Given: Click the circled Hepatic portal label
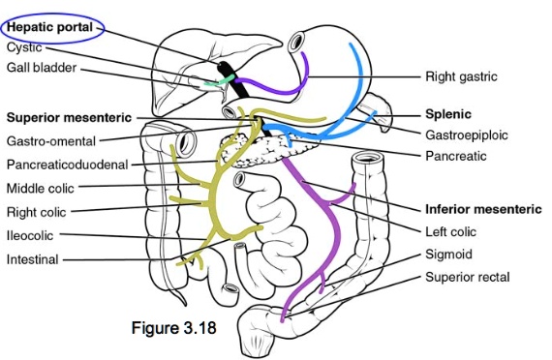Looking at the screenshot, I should click(x=50, y=28).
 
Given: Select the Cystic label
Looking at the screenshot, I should click(x=23, y=46).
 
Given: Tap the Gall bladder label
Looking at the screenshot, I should click(x=42, y=68).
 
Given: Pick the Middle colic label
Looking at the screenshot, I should click(x=41, y=188).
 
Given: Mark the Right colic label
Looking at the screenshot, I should click(x=36, y=211).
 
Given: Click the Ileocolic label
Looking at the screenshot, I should click(x=30, y=235).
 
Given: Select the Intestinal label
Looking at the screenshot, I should click(x=32, y=258).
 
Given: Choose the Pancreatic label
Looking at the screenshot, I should click(x=455, y=155).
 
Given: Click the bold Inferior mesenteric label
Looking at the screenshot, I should click(x=480, y=208).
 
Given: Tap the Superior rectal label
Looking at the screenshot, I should click(x=467, y=278).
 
